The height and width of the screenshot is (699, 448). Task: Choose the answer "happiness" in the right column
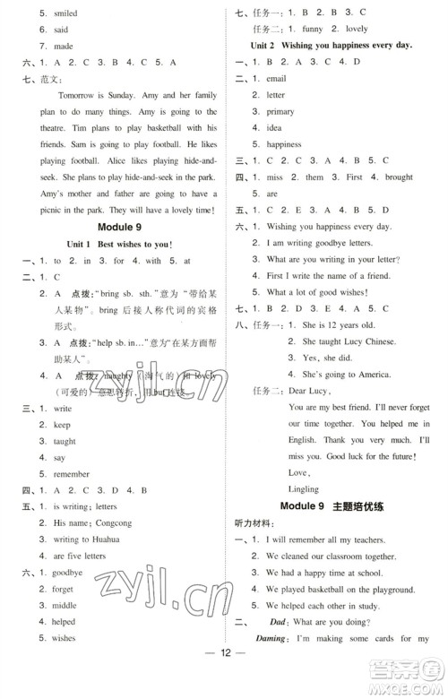283,144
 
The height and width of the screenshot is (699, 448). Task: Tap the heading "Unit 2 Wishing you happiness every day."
332,46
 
